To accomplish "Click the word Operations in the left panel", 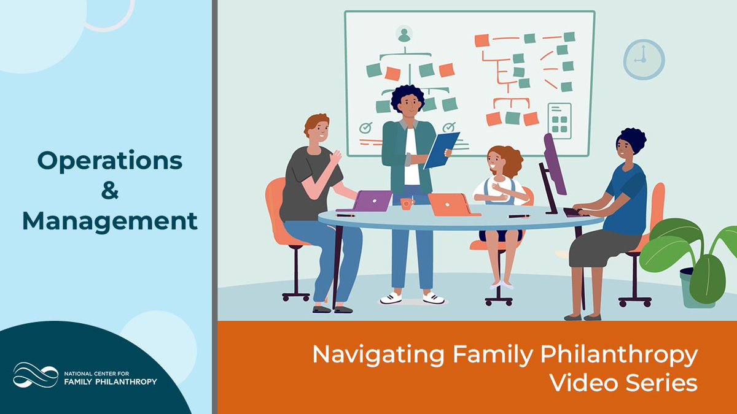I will [x=110, y=161].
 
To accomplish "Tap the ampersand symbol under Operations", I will [x=109, y=191].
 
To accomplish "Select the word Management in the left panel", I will [x=110, y=221].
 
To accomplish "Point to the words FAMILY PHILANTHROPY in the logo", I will [x=110, y=381].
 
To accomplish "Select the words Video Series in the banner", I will [x=623, y=383].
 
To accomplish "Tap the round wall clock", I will [x=644, y=59].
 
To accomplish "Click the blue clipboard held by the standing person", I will [x=440, y=150].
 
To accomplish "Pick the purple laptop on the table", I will [x=372, y=201].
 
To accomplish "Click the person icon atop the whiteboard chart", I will [x=404, y=34].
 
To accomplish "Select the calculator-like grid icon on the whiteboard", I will [x=559, y=120].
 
